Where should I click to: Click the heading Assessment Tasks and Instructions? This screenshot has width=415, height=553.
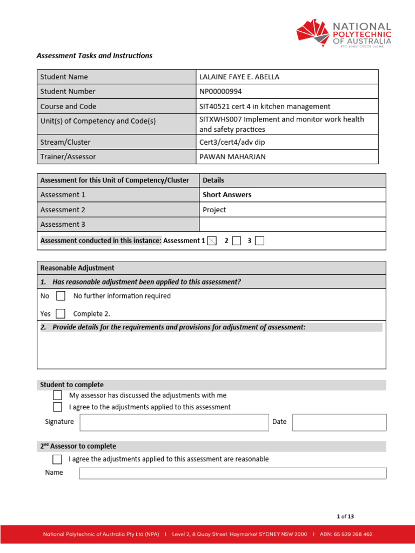pyautogui.click(x=94, y=56)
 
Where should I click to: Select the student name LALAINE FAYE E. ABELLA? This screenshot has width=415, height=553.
pyautogui.click(x=239, y=77)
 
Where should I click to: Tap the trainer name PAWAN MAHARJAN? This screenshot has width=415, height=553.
pyautogui.click(x=232, y=157)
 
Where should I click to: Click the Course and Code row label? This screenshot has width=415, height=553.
pyautogui.click(x=68, y=106)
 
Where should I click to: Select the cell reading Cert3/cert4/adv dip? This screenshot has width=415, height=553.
pyautogui.click(x=232, y=142)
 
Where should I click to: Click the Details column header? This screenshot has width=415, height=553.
pyautogui.click(x=213, y=180)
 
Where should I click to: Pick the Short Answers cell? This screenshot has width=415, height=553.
pyautogui.click(x=227, y=195)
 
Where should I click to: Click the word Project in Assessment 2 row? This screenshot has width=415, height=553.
pyautogui.click(x=215, y=210)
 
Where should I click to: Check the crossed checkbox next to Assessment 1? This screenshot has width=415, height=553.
pyautogui.click(x=212, y=241)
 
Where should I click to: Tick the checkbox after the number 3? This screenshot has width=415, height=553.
pyautogui.click(x=259, y=241)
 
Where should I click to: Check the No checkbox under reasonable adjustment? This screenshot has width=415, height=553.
pyautogui.click(x=61, y=296)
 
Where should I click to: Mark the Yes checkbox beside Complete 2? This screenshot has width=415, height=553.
pyautogui.click(x=61, y=313)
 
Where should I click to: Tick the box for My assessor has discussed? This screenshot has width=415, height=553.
pyautogui.click(x=57, y=395)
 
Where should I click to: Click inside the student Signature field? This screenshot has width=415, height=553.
pyautogui.click(x=174, y=422)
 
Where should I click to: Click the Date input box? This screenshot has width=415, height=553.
pyautogui.click(x=339, y=422)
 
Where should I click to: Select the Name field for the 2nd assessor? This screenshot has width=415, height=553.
pyautogui.click(x=232, y=473)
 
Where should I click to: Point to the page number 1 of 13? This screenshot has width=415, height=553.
pyautogui.click(x=345, y=516)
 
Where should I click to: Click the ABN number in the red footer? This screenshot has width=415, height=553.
pyautogui.click(x=346, y=534)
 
